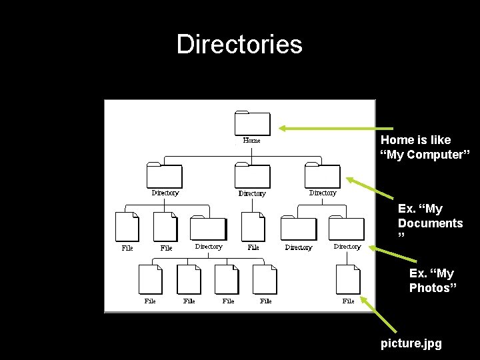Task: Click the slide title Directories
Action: point(239,45)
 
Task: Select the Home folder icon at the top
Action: point(253,123)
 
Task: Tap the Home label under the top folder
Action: point(251,141)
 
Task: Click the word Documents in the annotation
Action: point(430,223)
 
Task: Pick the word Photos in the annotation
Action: point(433,287)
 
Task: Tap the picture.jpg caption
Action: point(411,344)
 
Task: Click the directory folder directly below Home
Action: point(253,176)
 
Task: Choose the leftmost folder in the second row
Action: point(164,176)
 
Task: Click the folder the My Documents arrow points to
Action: point(322,176)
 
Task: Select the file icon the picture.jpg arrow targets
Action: point(348,279)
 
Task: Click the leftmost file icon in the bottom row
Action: point(151,279)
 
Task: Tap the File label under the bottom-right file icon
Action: point(348,301)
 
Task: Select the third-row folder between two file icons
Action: point(208,229)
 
